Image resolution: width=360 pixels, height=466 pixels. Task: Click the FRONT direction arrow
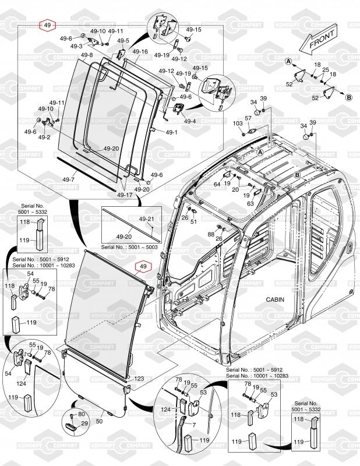click(319, 39)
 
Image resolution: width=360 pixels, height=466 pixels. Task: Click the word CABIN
click(275, 299)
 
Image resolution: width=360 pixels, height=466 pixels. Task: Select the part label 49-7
click(68, 179)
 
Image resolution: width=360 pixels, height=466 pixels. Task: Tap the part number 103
click(238, 123)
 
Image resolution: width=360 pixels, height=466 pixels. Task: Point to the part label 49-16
click(140, 52)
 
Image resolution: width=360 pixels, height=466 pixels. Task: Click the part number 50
click(99, 421)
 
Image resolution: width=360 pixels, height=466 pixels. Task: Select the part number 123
click(139, 379)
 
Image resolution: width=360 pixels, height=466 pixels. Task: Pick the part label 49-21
click(147, 219)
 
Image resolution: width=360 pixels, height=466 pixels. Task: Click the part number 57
click(248, 118)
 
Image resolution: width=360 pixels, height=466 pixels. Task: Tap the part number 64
click(217, 184)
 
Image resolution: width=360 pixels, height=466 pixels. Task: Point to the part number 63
click(250, 203)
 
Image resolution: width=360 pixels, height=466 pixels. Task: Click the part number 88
click(211, 234)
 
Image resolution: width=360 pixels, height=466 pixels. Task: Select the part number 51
click(193, 222)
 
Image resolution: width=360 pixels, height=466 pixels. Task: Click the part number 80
click(82, 414)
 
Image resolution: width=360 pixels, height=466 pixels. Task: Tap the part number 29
click(84, 423)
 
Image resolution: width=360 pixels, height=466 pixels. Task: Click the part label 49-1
click(171, 132)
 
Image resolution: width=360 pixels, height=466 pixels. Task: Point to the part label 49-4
click(190, 121)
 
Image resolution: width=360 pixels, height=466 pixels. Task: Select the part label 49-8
click(87, 55)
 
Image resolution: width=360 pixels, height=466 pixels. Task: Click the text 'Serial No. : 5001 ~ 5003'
click(129, 247)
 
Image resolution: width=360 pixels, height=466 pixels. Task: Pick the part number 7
click(194, 425)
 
